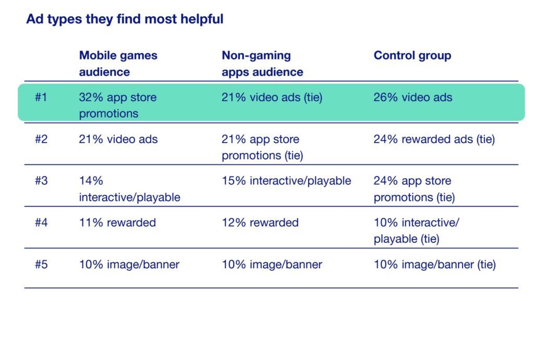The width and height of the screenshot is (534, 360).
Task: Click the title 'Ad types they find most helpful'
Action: point(125,19)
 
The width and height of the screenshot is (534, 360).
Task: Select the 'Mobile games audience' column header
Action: point(118,64)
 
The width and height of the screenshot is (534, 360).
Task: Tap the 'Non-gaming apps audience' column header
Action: point(262,64)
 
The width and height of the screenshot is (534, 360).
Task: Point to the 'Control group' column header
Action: point(412,55)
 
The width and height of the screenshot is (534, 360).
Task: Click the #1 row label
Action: point(41,97)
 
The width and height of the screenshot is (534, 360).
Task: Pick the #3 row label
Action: point(41,181)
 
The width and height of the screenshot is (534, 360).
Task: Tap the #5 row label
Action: point(41,265)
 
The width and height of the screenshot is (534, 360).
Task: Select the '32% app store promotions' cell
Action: point(118,105)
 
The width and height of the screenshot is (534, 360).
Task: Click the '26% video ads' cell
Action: point(413,98)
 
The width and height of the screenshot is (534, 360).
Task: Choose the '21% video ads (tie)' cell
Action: point(272,98)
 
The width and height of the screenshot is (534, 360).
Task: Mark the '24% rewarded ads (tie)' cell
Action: point(434,139)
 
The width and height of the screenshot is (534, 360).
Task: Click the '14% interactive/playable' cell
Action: point(129,189)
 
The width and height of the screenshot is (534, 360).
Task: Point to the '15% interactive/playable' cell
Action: point(286,181)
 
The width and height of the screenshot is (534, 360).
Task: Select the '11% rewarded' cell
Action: point(117,223)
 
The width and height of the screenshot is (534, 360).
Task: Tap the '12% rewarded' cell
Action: point(260,223)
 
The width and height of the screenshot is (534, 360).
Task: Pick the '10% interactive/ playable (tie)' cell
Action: point(417,231)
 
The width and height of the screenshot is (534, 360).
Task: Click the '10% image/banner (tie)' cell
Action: point(434,265)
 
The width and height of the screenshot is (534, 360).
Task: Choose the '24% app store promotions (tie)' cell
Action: point(414,189)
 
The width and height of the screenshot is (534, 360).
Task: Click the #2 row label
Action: point(41,139)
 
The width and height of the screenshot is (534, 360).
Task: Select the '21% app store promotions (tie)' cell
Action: point(262,147)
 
